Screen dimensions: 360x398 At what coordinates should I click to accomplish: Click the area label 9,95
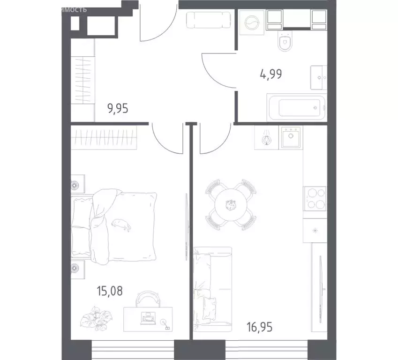coord(118,109)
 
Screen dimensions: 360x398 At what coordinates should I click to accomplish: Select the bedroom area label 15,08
coord(111,291)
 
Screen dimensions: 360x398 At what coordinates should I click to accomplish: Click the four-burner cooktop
coord(315,198)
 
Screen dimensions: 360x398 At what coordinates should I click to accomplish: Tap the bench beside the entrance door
coord(209,20)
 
